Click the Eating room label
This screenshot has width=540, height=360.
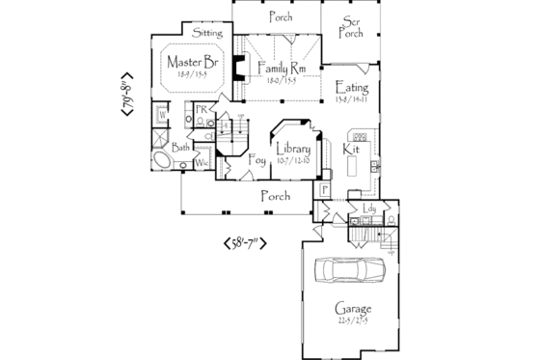tap(350, 88)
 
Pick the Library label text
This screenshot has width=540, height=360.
tap(292, 150)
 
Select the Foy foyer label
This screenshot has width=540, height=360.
tap(257, 160)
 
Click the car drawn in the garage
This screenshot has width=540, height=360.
tap(348, 270)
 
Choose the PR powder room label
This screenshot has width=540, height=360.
tap(202, 110)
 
